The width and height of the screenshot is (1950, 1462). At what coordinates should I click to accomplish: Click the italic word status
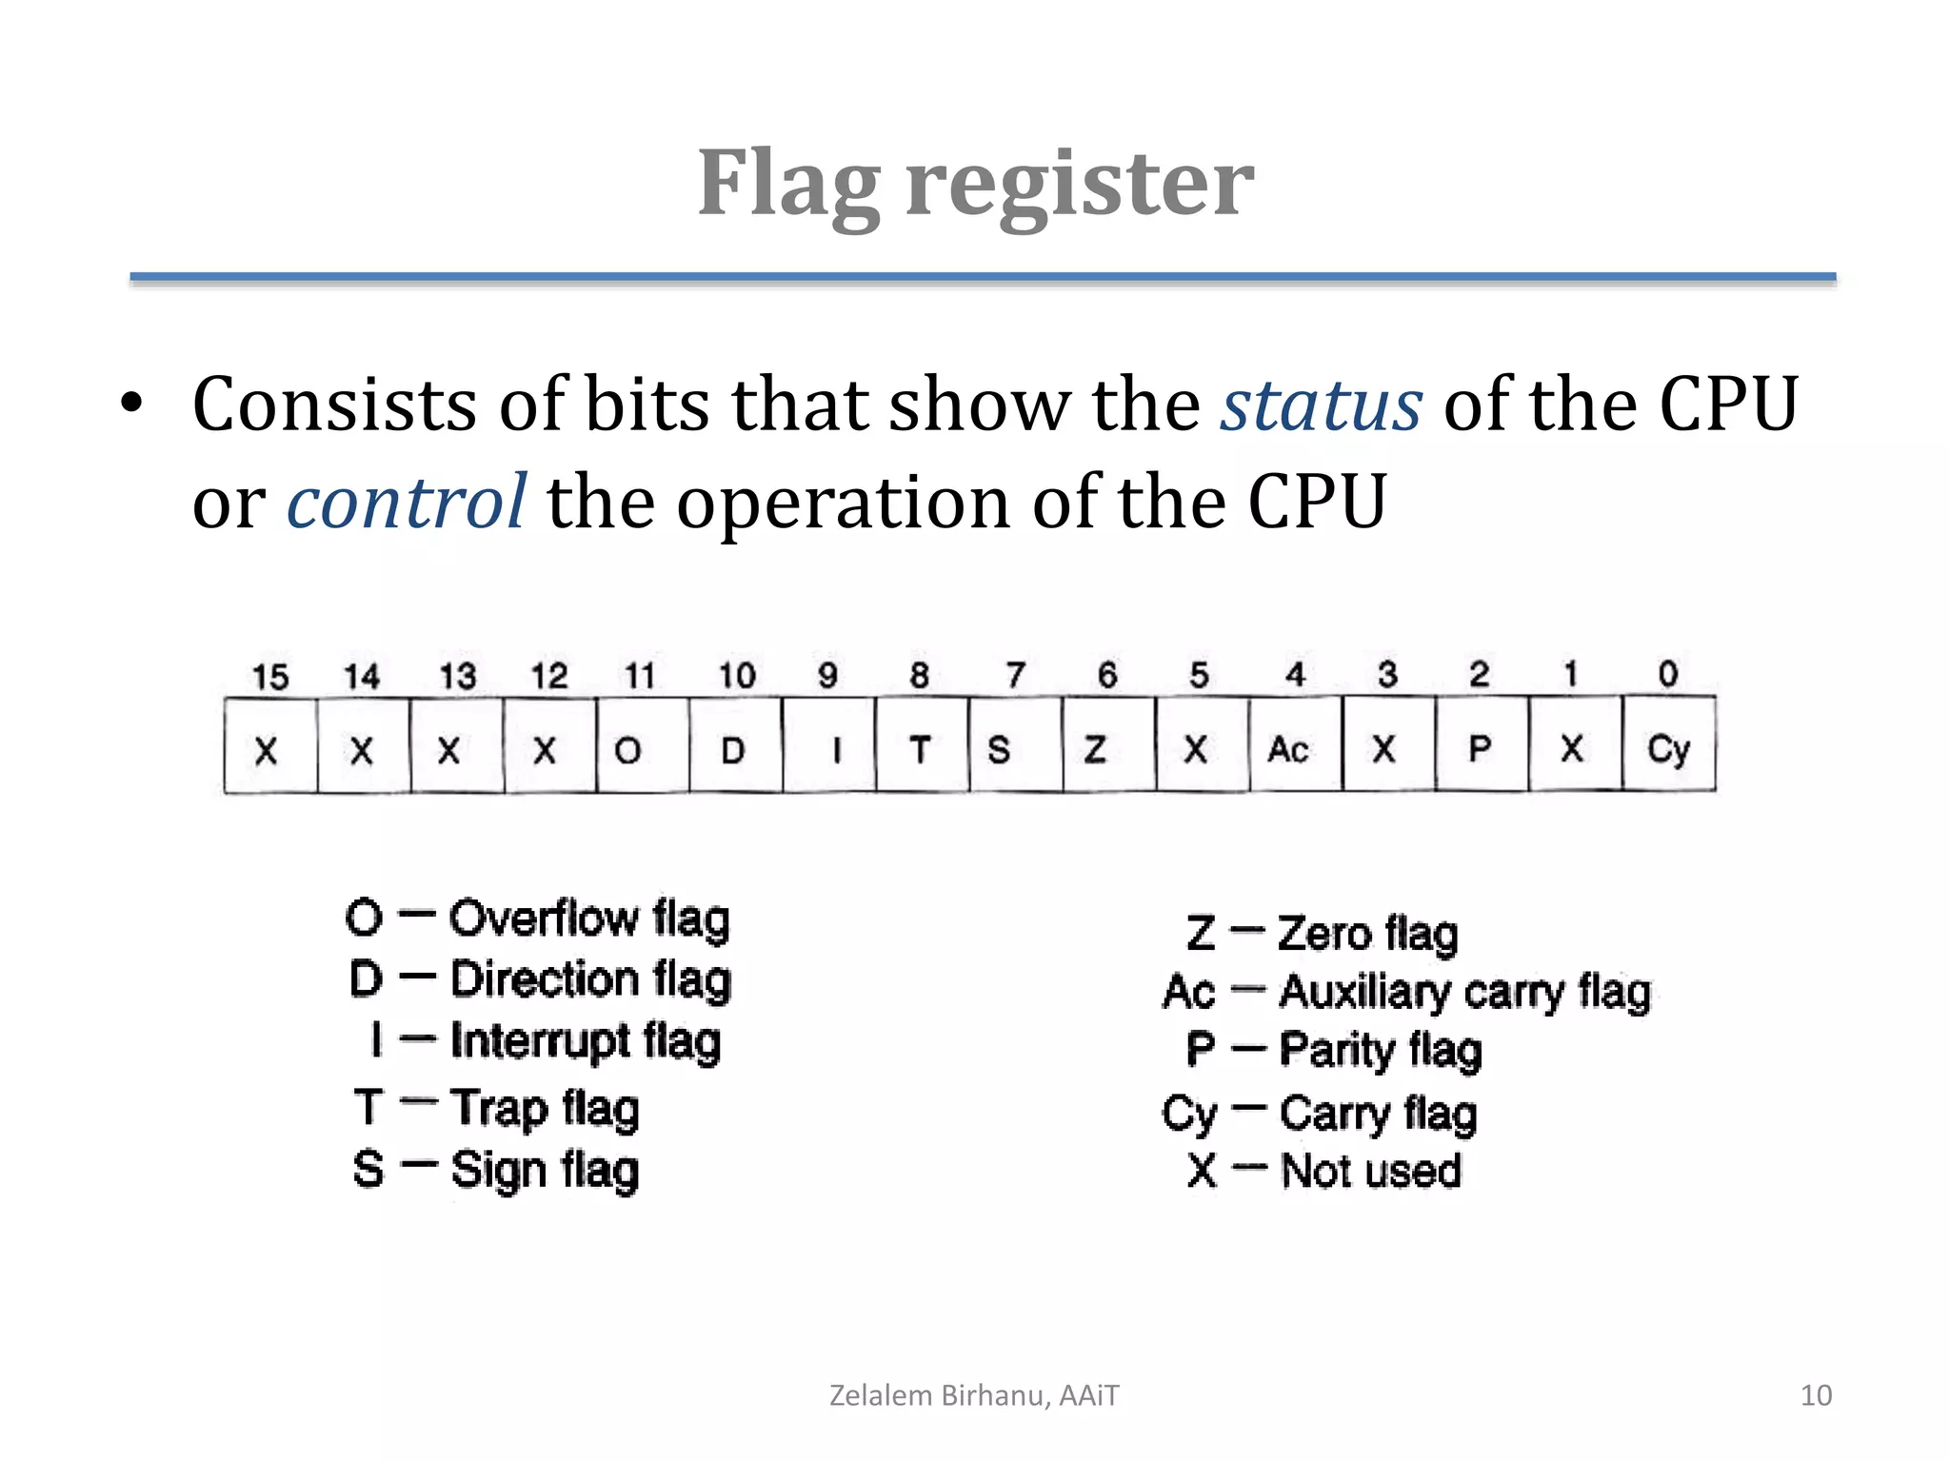(1322, 405)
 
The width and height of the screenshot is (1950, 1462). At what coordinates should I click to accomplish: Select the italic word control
(406, 502)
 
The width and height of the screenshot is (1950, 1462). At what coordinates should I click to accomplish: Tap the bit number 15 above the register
(269, 677)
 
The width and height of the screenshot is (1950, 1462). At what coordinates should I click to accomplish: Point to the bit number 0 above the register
(1667, 674)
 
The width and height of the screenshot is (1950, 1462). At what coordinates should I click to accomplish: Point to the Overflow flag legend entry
(538, 919)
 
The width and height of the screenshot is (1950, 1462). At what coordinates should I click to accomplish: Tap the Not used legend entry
(1324, 1171)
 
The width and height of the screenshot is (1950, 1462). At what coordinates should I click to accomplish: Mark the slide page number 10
(1816, 1395)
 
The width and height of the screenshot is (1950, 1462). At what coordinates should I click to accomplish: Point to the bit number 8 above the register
(919, 675)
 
